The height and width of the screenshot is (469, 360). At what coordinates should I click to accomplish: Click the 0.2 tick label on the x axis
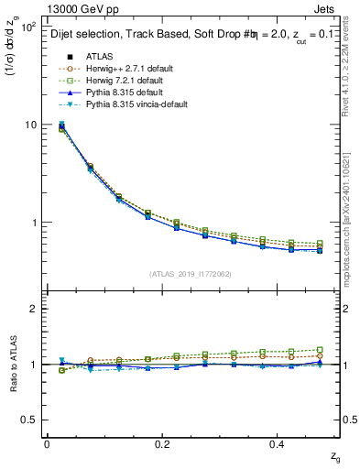tap(161, 444)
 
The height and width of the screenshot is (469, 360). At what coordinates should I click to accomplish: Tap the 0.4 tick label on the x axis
tap(278, 444)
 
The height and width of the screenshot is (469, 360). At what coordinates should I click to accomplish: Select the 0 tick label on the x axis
tap(47, 444)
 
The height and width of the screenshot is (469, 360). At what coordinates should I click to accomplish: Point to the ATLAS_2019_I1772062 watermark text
tap(191, 273)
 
